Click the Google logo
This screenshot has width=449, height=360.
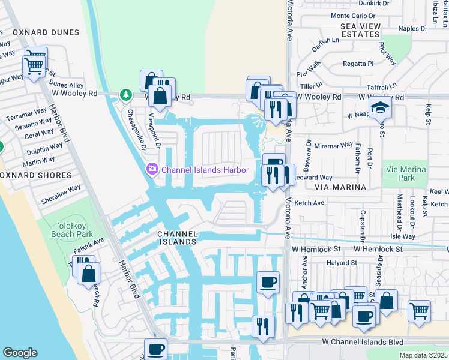tap(20, 353)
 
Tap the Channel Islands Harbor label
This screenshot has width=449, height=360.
tap(205, 170)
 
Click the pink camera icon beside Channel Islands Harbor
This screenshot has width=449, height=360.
tap(153, 170)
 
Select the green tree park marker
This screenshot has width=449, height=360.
tap(125, 94)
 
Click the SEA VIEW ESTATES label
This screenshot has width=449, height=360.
tap(360, 30)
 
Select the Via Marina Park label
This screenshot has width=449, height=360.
tap(405, 174)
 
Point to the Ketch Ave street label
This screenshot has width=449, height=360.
tap(309, 203)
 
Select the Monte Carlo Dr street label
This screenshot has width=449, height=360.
tap(353, 16)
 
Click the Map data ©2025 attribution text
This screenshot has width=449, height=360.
tap(423, 355)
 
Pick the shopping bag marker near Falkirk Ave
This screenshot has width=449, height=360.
tap(89, 274)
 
